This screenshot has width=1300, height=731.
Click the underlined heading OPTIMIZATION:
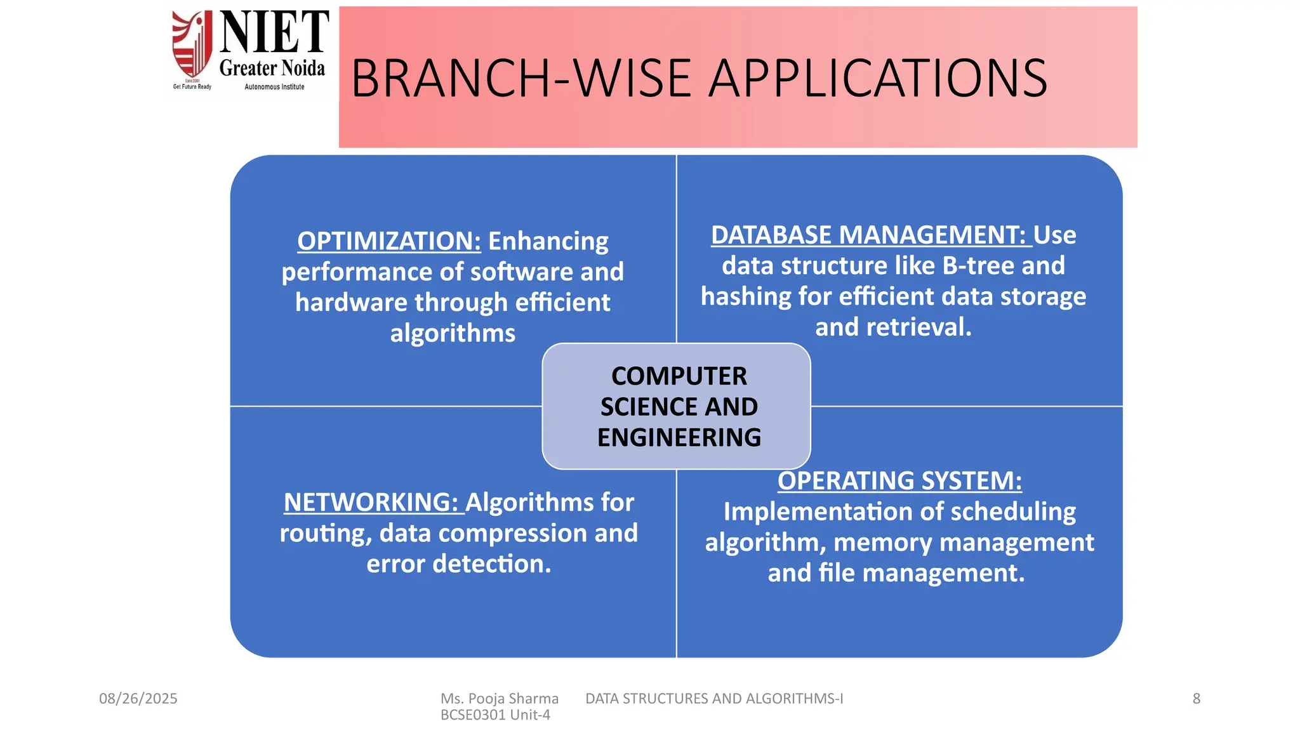point(388,242)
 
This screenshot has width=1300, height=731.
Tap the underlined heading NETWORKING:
point(370,503)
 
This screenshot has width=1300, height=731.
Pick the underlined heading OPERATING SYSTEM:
point(899,481)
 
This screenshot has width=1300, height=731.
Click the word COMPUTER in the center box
point(679,376)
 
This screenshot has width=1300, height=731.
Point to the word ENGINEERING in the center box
point(679,438)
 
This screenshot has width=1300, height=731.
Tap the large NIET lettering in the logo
point(274,33)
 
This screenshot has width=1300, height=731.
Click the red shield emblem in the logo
point(192,44)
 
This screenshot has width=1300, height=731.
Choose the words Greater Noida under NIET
point(272,68)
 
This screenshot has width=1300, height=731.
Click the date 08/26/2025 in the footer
point(138,699)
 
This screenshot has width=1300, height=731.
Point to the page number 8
point(1196,699)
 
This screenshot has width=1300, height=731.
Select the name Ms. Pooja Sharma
point(499,699)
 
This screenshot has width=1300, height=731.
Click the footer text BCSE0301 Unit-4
point(495,715)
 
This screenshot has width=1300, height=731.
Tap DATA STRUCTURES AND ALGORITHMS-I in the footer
point(713,699)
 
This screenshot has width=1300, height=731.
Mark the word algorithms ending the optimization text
point(453,334)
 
